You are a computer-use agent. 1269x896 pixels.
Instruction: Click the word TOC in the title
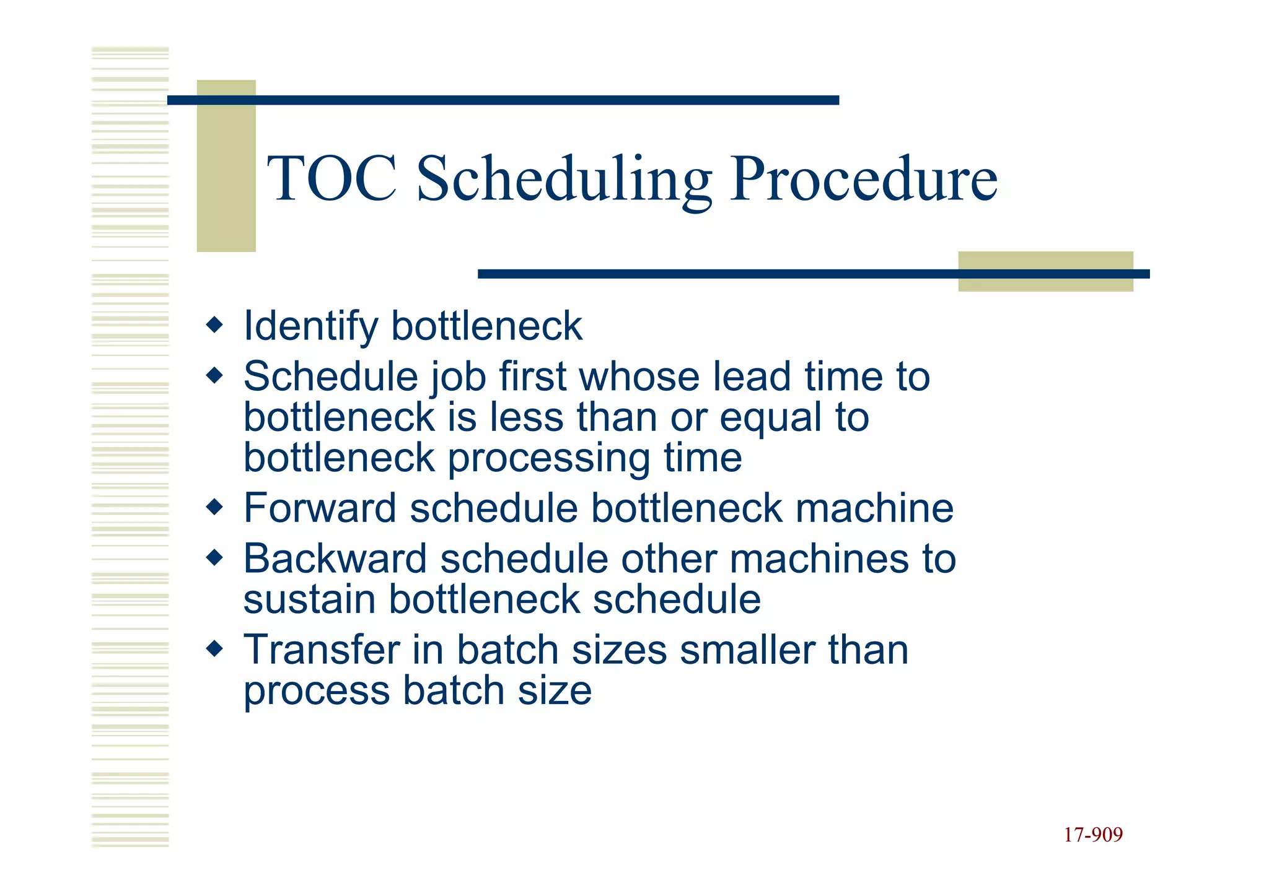(x=332, y=180)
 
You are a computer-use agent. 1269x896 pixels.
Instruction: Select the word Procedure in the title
(x=864, y=180)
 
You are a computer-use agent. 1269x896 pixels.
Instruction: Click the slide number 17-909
(x=1093, y=835)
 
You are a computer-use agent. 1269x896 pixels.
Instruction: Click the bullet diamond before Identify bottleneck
(x=214, y=324)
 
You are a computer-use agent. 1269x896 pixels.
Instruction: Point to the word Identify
(x=310, y=326)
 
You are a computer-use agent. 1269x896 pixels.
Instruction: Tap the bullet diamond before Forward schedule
(x=214, y=507)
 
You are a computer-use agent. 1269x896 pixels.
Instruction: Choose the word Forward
(x=320, y=508)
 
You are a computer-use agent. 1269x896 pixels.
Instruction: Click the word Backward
(x=335, y=559)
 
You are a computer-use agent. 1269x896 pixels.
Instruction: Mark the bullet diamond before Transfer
(x=214, y=649)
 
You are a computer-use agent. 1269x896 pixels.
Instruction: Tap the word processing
(x=548, y=459)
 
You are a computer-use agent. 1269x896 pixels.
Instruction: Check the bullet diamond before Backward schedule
(x=214, y=558)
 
